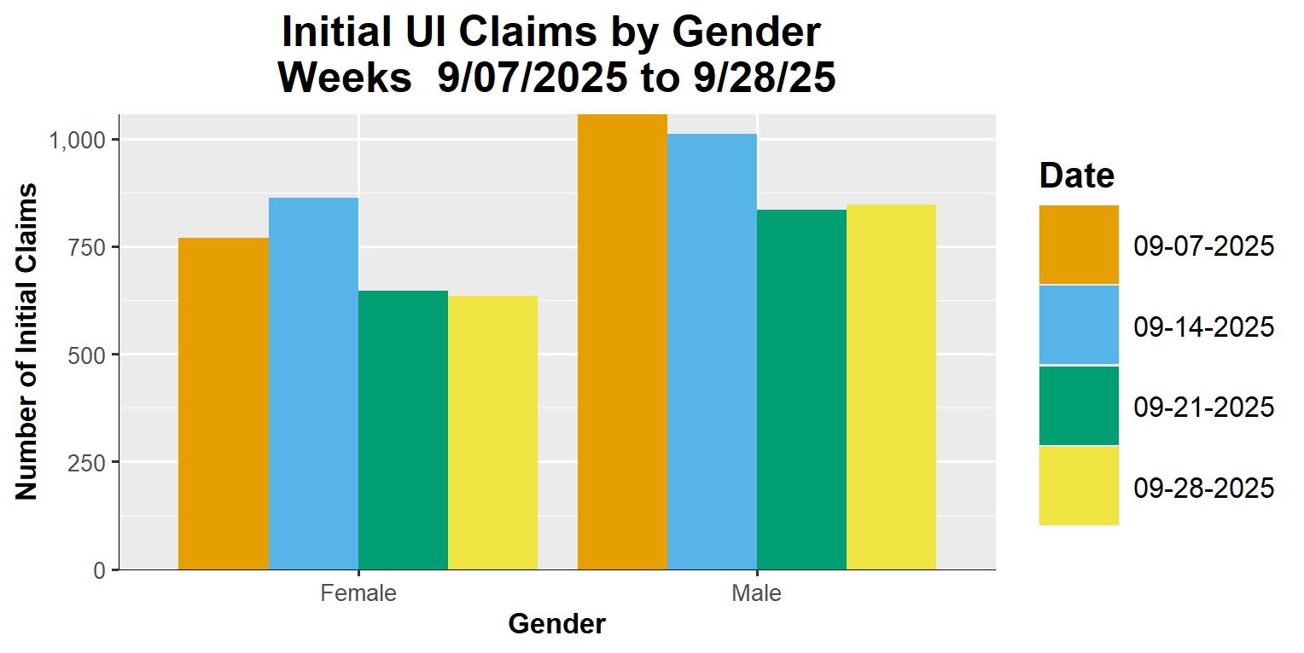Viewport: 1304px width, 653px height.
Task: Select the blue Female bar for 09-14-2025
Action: pyautogui.click(x=313, y=384)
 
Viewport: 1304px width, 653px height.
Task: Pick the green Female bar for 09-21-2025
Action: pyautogui.click(x=403, y=430)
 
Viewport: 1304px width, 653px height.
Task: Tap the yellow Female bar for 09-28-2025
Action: pyautogui.click(x=492, y=432)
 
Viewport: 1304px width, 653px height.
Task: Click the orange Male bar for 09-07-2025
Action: pyautogui.click(x=622, y=341)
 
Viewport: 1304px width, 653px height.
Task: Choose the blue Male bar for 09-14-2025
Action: pyautogui.click(x=712, y=351)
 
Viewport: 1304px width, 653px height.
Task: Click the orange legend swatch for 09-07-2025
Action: pyautogui.click(x=1079, y=245)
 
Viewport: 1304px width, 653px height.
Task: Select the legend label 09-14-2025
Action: pyautogui.click(x=1203, y=326)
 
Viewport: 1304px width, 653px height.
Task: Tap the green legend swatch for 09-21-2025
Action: pyautogui.click(x=1079, y=406)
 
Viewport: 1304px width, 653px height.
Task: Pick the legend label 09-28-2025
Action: pyautogui.click(x=1203, y=488)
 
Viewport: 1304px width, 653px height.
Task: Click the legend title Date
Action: pyautogui.click(x=1076, y=176)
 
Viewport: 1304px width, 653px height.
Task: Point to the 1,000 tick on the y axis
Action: pyautogui.click(x=77, y=140)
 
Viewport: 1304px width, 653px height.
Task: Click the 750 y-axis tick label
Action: pyautogui.click(x=87, y=247)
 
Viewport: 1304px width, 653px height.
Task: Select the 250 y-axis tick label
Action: pyautogui.click(x=87, y=462)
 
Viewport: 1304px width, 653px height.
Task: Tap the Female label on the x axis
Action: pyautogui.click(x=358, y=593)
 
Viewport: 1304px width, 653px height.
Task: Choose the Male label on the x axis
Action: pyautogui.click(x=756, y=593)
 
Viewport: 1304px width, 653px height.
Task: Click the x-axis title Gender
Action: pyautogui.click(x=556, y=625)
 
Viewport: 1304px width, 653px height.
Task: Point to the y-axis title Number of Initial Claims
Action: pyautogui.click(x=27, y=341)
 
